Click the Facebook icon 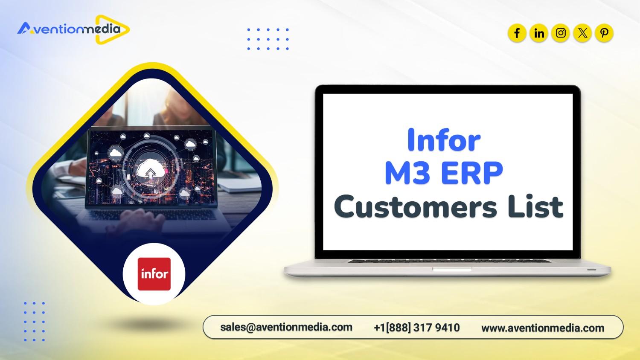click(x=517, y=33)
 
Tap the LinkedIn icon click(x=539, y=33)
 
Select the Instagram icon click(x=561, y=33)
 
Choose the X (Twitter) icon click(x=582, y=33)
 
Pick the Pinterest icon click(x=604, y=33)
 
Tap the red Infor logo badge click(x=154, y=274)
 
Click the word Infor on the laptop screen click(x=444, y=139)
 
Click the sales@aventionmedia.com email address click(x=286, y=327)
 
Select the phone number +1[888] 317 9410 click(x=416, y=328)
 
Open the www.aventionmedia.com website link click(x=543, y=328)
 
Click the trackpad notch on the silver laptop click(x=452, y=270)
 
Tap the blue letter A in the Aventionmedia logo click(x=24, y=29)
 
